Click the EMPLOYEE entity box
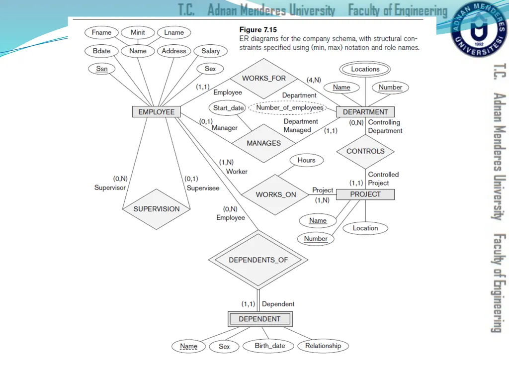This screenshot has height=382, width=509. pyautogui.click(x=156, y=112)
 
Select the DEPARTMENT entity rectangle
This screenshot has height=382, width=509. pyautogui.click(x=365, y=112)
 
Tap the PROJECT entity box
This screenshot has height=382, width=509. pyautogui.click(x=365, y=194)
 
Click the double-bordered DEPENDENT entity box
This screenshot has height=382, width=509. pyautogui.click(x=259, y=319)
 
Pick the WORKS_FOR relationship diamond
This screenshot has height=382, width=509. pyautogui.click(x=263, y=79)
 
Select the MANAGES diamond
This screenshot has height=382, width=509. pyautogui.click(x=263, y=143)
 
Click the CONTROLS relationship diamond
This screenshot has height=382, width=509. pyautogui.click(x=365, y=151)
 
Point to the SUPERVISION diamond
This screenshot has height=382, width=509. pyautogui.click(x=156, y=209)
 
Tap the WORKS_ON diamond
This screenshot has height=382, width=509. pyautogui.click(x=275, y=194)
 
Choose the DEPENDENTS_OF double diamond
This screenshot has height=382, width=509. pyautogui.click(x=258, y=260)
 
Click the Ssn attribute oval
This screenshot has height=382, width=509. pyautogui.click(x=101, y=69)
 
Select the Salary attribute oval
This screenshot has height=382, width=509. pyautogui.click(x=210, y=51)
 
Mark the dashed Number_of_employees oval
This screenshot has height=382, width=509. pyautogui.click(x=288, y=107)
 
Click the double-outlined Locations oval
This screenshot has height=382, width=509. pyautogui.click(x=365, y=69)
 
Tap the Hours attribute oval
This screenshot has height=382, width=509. pyautogui.click(x=306, y=160)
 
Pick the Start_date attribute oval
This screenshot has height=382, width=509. pyautogui.click(x=228, y=108)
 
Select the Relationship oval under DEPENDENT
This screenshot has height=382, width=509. pyautogui.click(x=323, y=346)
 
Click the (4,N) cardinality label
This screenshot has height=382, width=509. pyautogui.click(x=314, y=80)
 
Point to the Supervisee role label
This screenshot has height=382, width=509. pyautogui.click(x=203, y=188)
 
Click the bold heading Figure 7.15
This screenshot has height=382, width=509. pyautogui.click(x=258, y=29)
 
